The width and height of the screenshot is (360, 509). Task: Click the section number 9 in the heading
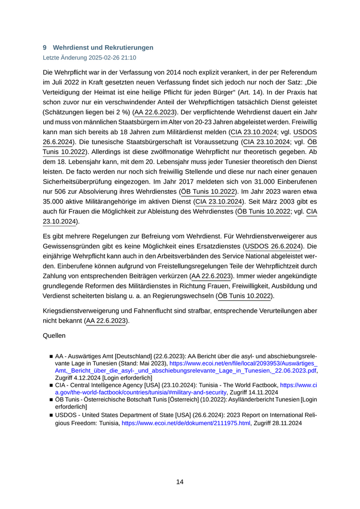point(45,48)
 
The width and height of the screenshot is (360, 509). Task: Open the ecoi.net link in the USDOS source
point(186,423)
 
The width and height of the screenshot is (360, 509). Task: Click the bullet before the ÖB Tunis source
point(51,399)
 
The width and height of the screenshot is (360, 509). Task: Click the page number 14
point(180,482)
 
